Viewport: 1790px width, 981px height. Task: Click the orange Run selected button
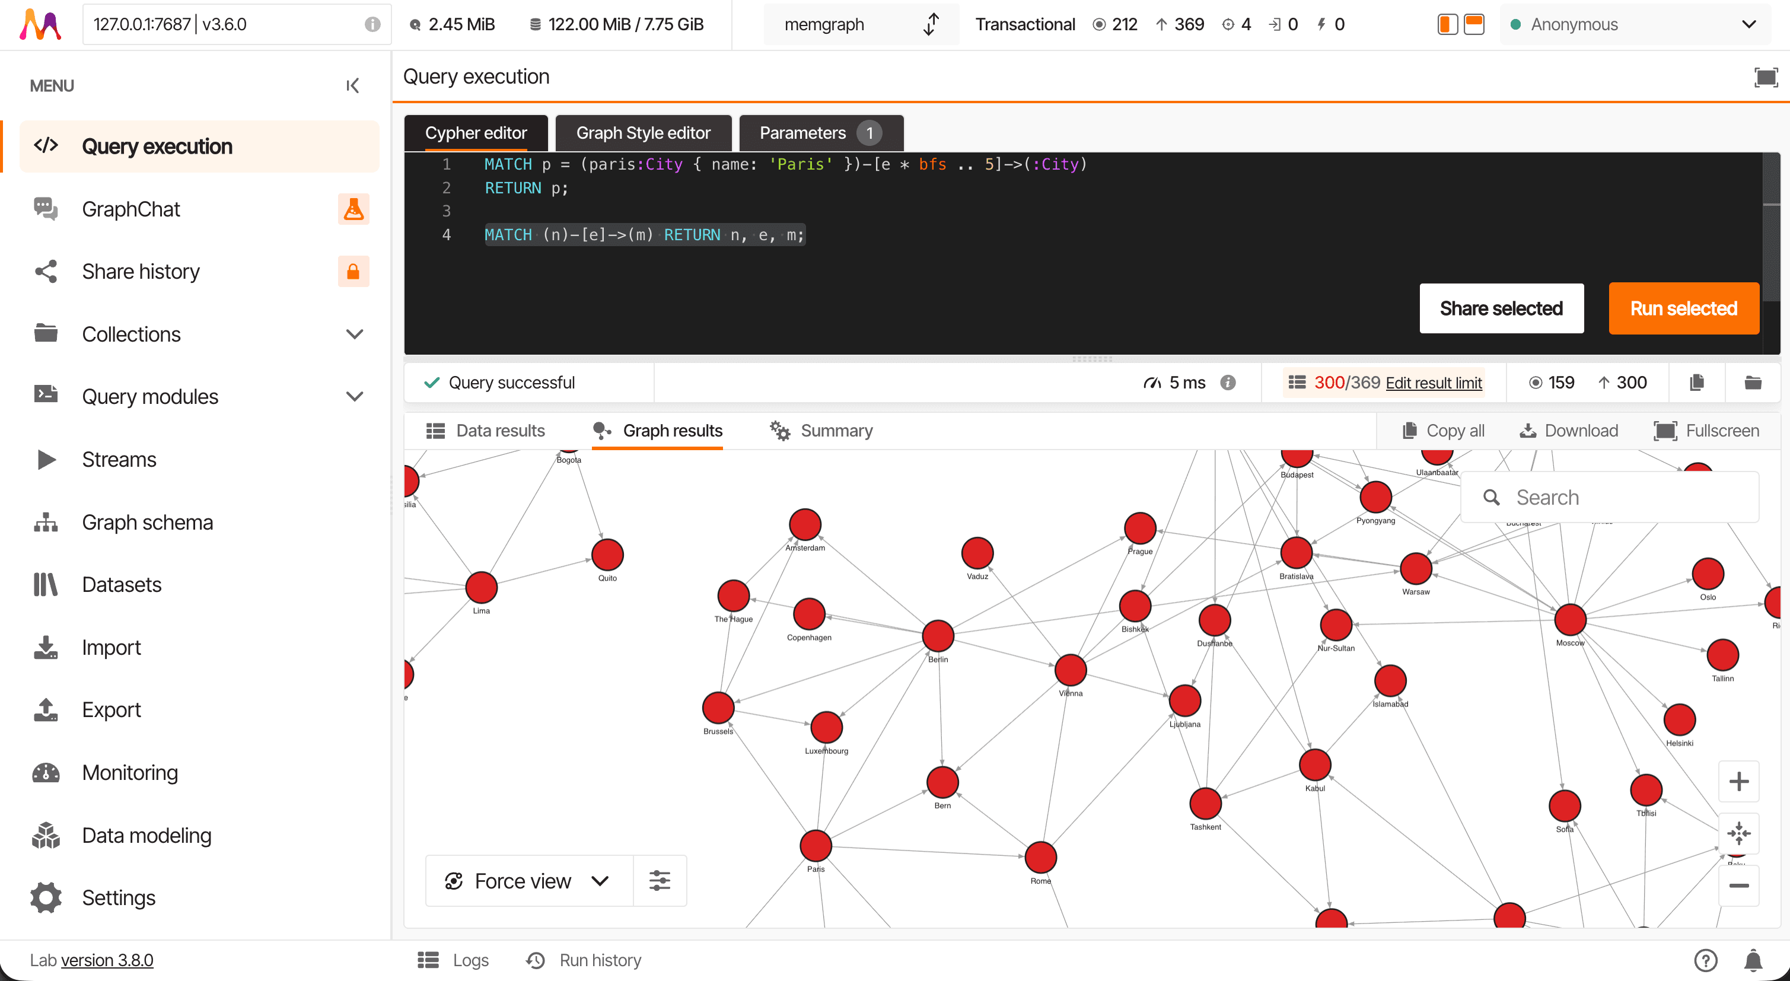(1683, 308)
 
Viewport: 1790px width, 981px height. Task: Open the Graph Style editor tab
(643, 133)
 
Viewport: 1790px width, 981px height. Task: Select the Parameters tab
(820, 133)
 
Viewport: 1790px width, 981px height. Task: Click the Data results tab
(486, 431)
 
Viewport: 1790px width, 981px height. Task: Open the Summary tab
(821, 431)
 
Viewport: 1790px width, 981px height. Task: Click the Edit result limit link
(1434, 383)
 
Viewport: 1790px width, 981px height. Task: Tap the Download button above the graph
(1569, 431)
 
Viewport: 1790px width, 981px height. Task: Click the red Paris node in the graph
(816, 846)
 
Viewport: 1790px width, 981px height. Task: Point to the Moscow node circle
(1570, 620)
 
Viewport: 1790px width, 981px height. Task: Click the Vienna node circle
(1070, 670)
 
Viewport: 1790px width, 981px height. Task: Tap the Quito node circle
(607, 555)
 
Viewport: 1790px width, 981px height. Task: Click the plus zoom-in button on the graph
(1738, 782)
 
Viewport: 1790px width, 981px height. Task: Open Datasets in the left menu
(122, 584)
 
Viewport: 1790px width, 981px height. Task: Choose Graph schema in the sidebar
(147, 522)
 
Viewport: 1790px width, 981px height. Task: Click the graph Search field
(1619, 498)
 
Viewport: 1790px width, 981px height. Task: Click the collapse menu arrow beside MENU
(352, 85)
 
